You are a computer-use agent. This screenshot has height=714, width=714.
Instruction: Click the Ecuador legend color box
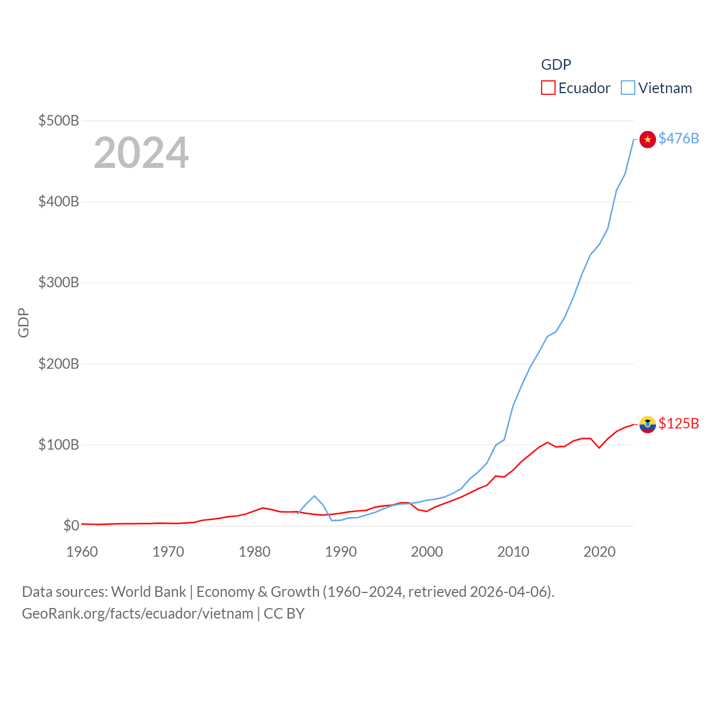coord(548,88)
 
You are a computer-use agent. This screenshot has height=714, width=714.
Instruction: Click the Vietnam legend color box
coord(628,88)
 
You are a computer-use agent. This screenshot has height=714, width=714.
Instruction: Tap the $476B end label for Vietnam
coord(678,138)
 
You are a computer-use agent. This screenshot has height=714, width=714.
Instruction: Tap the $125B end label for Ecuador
coord(678,423)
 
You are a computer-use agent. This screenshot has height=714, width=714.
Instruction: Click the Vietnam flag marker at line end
coord(647,139)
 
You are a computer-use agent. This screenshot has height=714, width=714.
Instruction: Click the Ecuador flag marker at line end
coord(647,424)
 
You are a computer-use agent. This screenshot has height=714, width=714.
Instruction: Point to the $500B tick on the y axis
coord(59,120)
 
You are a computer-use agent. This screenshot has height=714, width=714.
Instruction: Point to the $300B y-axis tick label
coord(59,283)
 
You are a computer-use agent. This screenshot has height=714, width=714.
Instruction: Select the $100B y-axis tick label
coord(59,445)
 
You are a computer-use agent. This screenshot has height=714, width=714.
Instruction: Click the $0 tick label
coord(71,526)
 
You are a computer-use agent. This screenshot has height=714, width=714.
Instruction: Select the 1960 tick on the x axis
coord(82,552)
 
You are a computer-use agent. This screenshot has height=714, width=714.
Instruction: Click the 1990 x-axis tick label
coord(341,552)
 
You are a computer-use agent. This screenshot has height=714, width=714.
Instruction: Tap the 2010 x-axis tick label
coord(513,552)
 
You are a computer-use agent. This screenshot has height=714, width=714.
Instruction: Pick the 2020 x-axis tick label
coord(600,552)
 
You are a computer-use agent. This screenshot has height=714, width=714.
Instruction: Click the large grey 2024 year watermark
coord(141,153)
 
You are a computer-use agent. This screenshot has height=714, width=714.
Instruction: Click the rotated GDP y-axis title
coord(23,322)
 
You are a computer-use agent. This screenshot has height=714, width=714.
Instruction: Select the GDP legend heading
coord(556,65)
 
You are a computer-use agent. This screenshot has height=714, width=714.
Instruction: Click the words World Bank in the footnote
coord(148,591)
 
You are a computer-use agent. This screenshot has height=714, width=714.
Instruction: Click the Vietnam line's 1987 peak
coord(315,496)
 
